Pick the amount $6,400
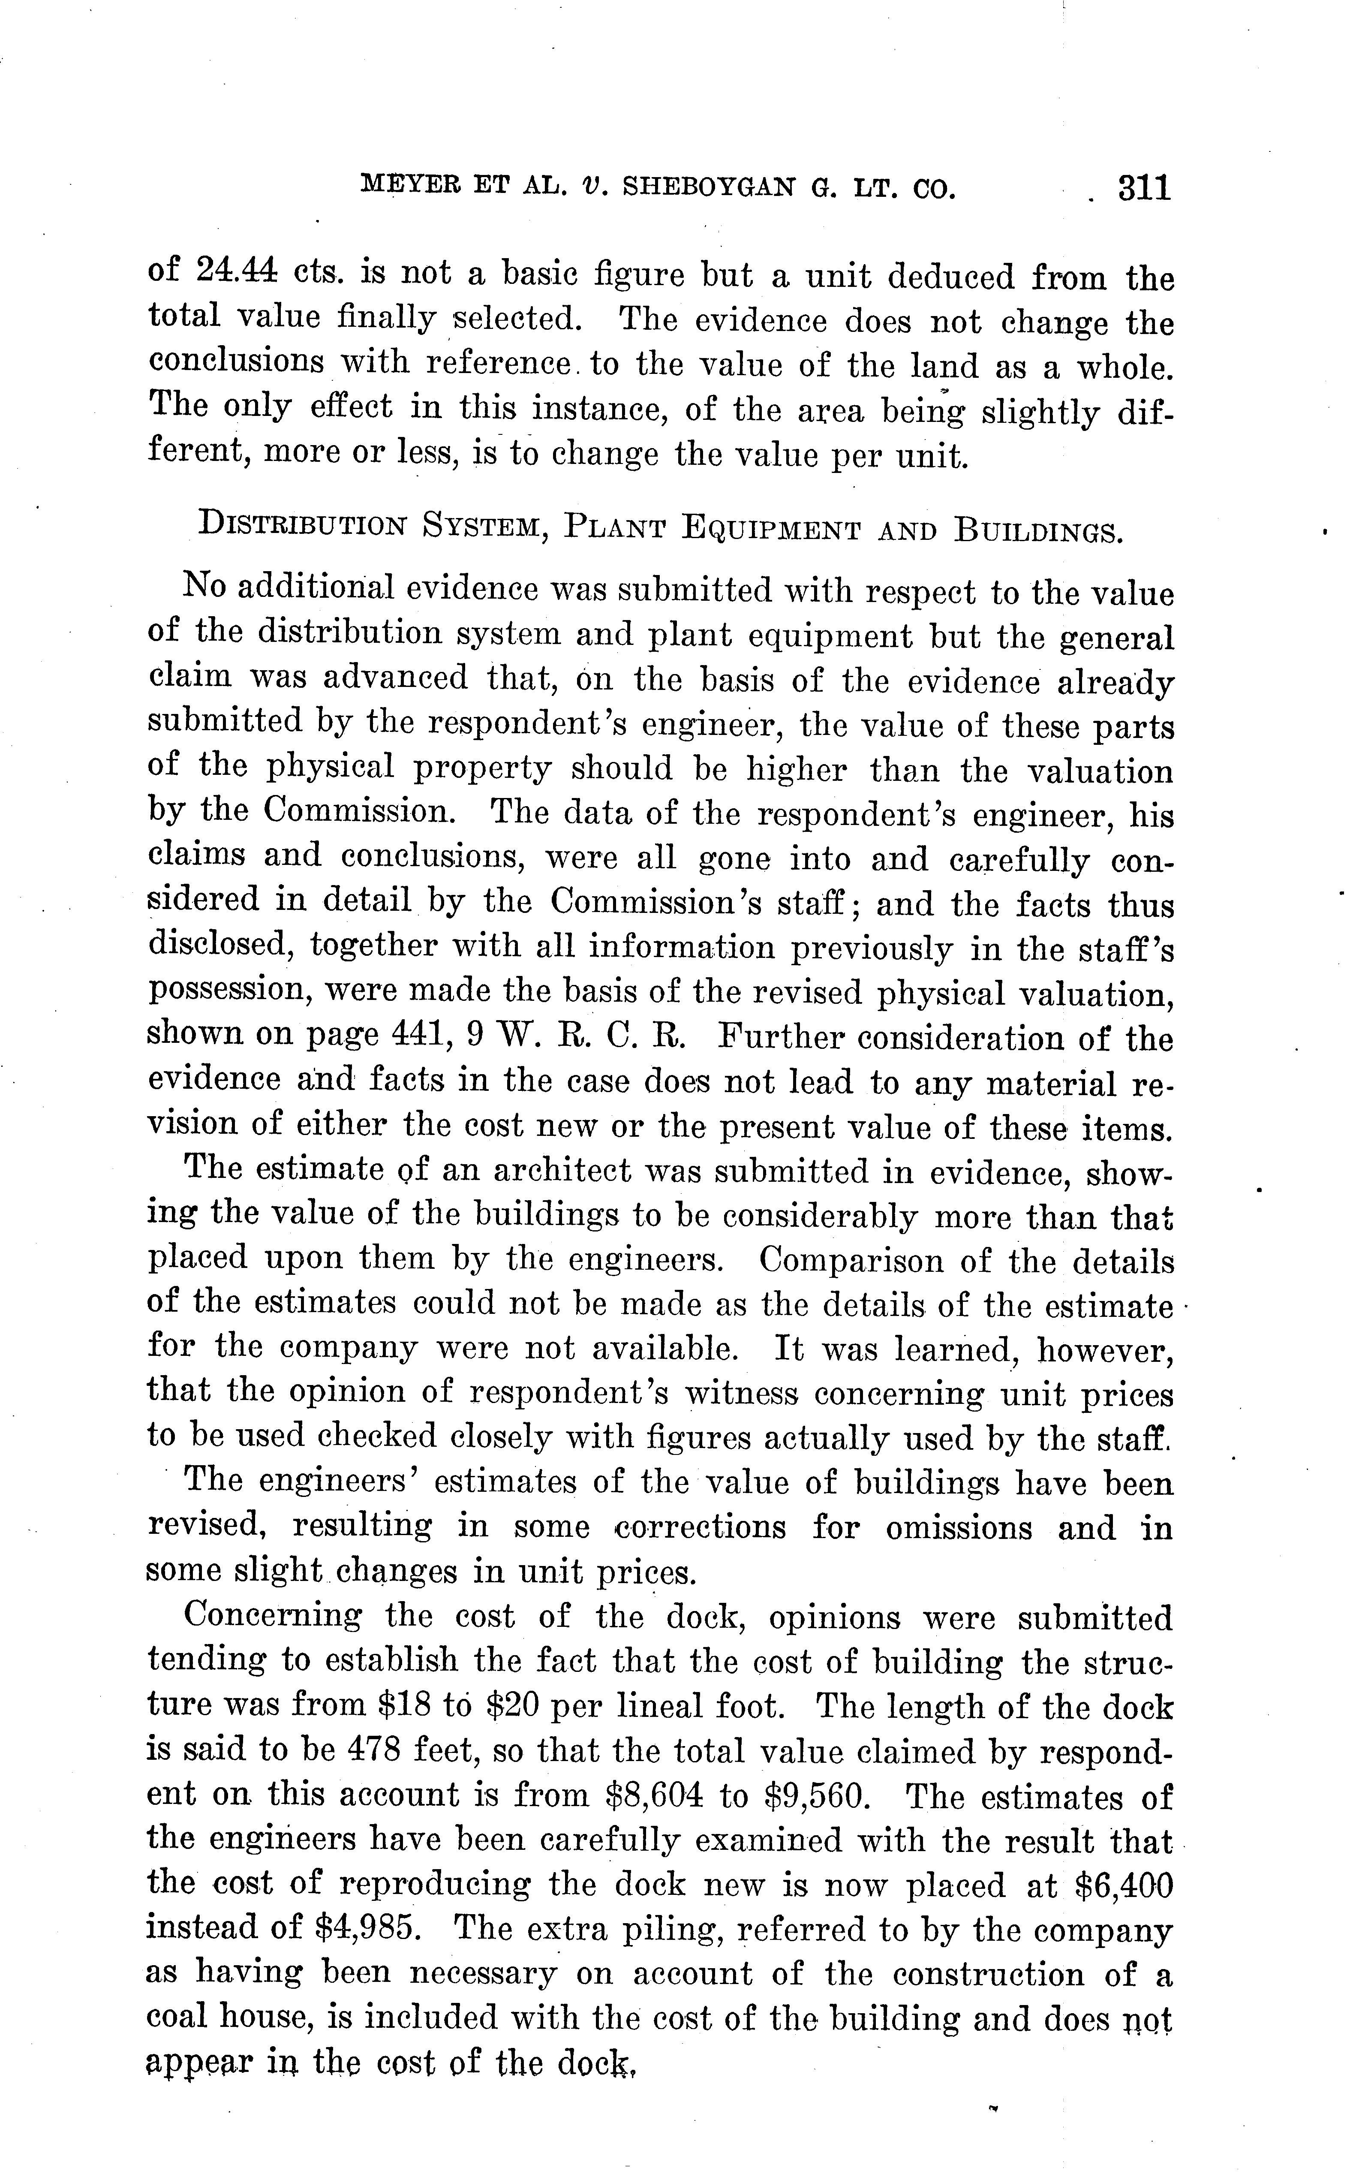coord(1124,1885)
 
